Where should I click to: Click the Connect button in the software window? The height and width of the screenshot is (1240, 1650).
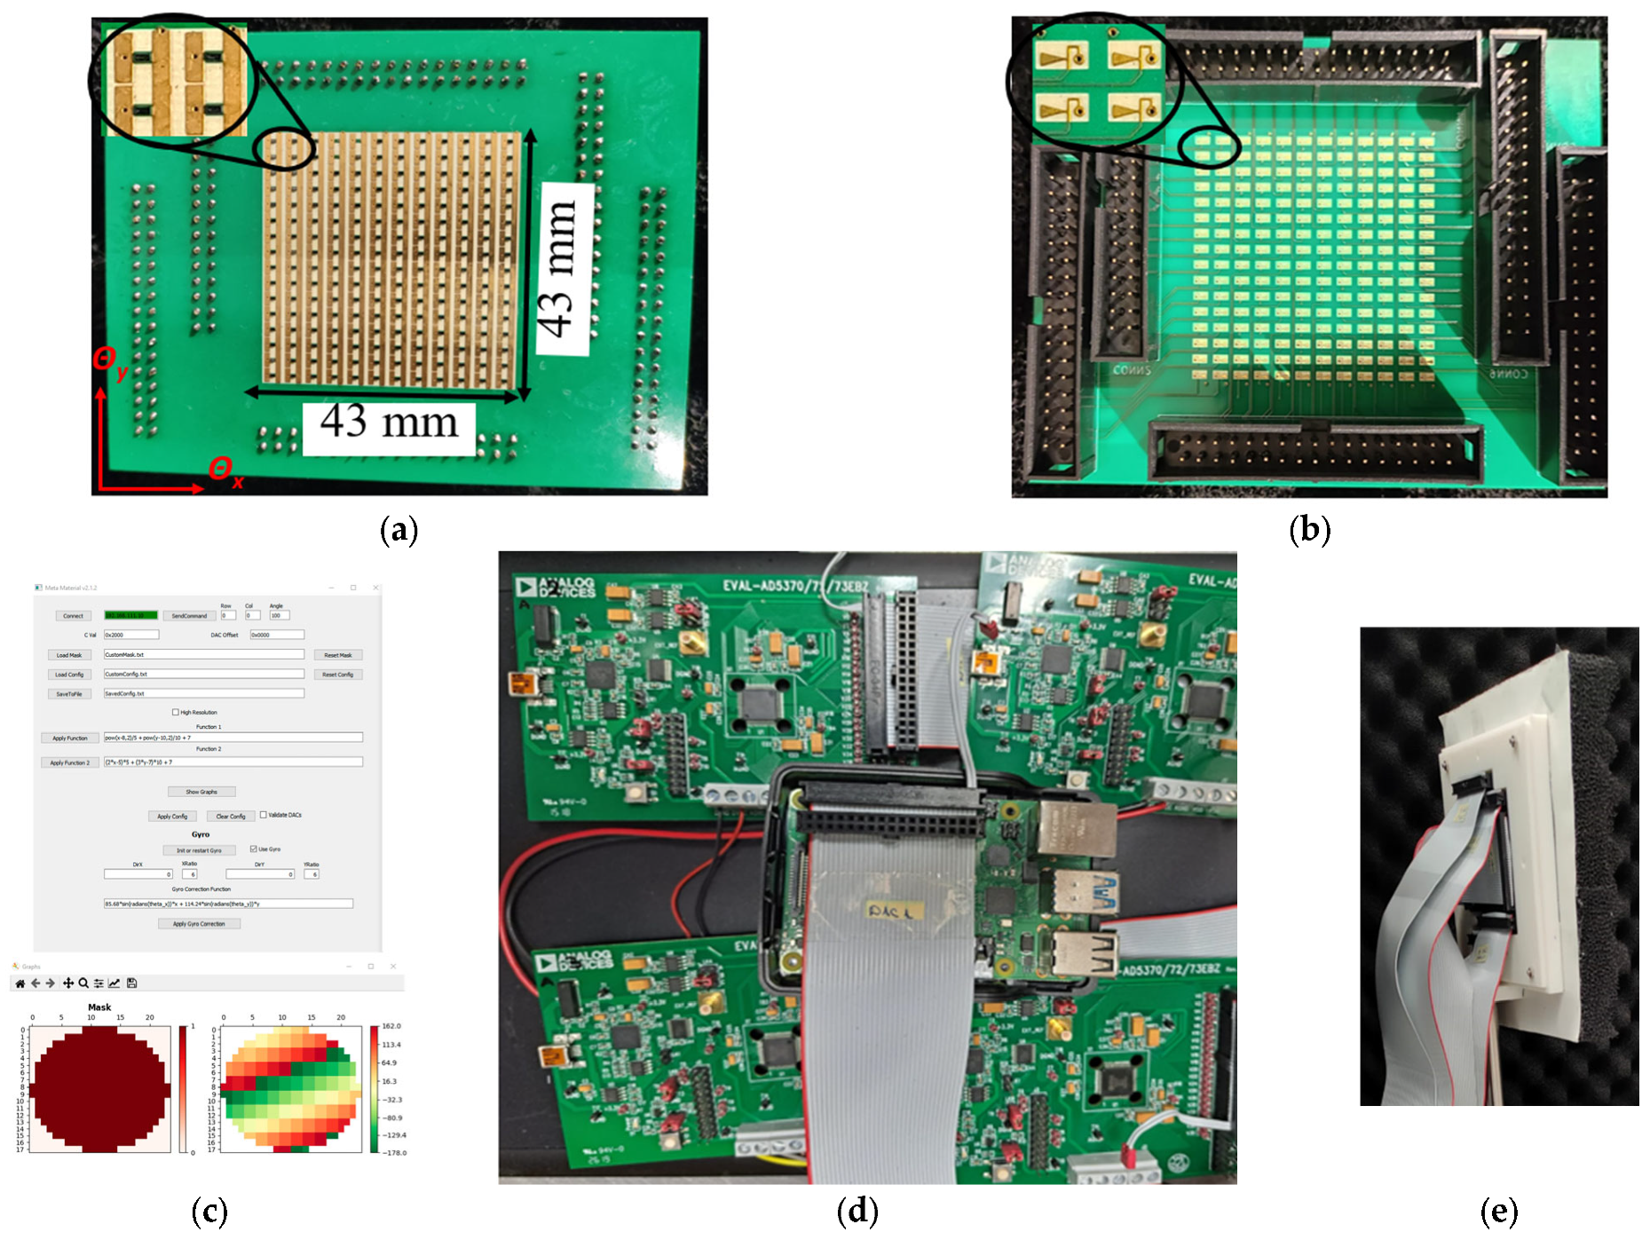point(73,615)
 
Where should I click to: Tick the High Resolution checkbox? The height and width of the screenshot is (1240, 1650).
point(176,712)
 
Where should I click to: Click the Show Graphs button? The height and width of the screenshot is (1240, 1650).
point(201,791)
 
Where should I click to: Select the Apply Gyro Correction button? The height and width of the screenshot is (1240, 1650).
point(199,924)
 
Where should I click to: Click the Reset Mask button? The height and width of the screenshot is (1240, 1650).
point(338,655)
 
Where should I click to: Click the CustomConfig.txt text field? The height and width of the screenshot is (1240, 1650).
point(203,674)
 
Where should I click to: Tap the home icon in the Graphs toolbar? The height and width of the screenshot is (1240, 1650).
point(20,983)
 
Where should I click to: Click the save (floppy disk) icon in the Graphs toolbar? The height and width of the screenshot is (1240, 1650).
point(131,983)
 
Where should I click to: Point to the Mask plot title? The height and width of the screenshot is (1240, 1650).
point(99,1007)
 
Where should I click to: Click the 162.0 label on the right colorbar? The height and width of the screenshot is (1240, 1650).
point(391,1026)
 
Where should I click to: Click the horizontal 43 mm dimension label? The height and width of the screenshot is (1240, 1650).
point(389,423)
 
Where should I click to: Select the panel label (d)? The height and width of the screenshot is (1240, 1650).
point(857,1211)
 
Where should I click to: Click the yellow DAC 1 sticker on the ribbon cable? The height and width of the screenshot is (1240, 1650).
point(894,911)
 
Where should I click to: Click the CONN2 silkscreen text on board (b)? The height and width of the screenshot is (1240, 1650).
point(1132,370)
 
